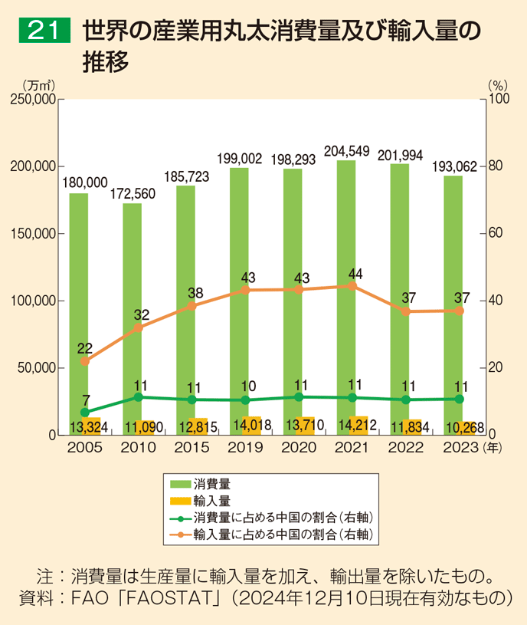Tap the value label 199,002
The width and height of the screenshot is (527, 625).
(x=239, y=159)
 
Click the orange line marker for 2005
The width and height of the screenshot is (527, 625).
(x=85, y=361)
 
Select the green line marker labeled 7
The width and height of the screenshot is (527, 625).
(x=85, y=413)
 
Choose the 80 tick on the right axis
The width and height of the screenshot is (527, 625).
(x=496, y=166)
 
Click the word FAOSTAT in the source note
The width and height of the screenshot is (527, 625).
(x=182, y=597)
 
